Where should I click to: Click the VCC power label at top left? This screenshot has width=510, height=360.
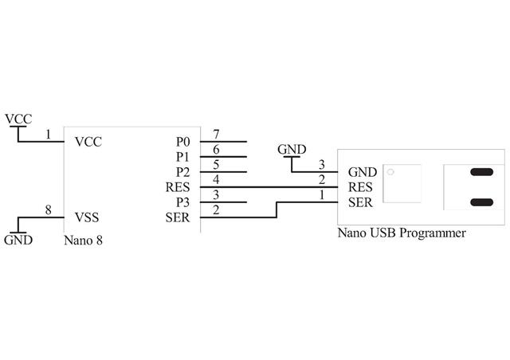tap(18, 119)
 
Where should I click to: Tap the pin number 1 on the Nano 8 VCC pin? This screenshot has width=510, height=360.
tap(49, 135)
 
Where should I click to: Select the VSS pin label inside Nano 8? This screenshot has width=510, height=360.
tap(87, 217)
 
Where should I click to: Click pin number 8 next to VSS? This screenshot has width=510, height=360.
tap(49, 210)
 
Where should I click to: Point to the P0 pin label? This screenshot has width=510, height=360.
tap(183, 142)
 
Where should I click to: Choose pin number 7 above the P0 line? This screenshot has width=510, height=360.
tap(216, 135)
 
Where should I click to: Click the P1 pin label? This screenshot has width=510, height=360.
tap(183, 157)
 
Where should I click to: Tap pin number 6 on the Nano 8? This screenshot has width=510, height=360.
tap(216, 150)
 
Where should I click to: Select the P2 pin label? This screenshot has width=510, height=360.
tap(183, 172)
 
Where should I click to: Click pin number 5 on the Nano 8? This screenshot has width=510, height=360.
tap(216, 165)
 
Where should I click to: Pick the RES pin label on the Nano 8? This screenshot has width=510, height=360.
tap(178, 187)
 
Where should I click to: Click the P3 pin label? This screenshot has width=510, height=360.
tap(183, 202)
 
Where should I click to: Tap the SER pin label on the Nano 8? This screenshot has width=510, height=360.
tap(178, 217)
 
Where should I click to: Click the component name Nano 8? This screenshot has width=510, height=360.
tap(83, 239)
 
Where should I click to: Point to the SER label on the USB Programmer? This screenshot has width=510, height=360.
tap(360, 202)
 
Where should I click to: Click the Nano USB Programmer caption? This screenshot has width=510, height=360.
tap(402, 233)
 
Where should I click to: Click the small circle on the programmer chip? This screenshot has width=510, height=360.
tap(390, 172)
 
